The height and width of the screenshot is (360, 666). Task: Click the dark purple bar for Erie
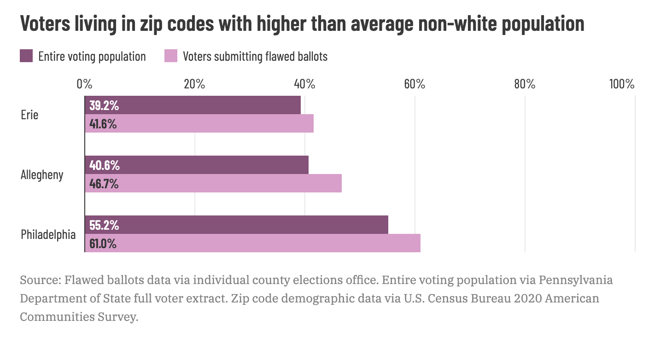(193, 105)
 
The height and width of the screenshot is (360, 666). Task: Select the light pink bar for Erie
(199, 123)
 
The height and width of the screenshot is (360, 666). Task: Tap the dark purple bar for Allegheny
(197, 165)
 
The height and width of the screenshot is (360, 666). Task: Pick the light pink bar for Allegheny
(213, 183)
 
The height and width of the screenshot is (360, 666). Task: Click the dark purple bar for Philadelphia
(236, 225)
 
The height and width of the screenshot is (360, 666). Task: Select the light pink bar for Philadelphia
(252, 243)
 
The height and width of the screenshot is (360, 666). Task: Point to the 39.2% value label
(104, 105)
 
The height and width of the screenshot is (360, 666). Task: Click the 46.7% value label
(104, 184)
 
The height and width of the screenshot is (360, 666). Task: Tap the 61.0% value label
(103, 244)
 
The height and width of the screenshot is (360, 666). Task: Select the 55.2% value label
(104, 225)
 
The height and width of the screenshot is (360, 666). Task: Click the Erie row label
(29, 115)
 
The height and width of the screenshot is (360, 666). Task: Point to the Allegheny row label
(42, 175)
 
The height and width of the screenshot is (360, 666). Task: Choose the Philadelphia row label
(48, 234)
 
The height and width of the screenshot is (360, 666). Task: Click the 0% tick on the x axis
(85, 84)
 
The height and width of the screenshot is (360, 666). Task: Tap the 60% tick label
(415, 84)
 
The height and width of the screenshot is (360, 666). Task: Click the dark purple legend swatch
(26, 56)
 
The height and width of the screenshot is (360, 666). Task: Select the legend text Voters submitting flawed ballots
(255, 57)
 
